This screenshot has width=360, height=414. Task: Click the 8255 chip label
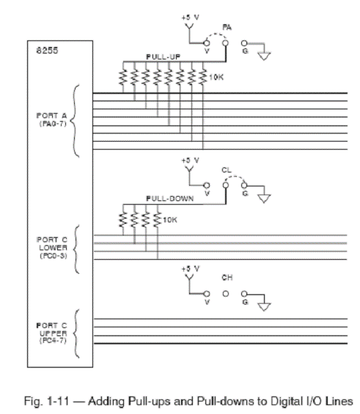47,50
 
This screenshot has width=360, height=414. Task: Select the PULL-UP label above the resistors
164,57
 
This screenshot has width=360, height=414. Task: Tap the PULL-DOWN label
170,198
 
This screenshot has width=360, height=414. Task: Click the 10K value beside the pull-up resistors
216,77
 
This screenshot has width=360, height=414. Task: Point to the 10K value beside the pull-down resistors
170,219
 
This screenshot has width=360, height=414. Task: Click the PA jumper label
227,27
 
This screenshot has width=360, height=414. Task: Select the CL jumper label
227,170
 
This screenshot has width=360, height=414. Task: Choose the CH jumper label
227,277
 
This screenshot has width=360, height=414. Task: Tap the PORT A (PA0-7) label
52,120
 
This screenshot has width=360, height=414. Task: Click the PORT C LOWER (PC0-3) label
52,247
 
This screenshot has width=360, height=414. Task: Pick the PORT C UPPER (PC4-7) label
52,333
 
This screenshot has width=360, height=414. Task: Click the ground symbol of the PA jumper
264,57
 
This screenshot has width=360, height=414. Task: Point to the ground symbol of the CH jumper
264,307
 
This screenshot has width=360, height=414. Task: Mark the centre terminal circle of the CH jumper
226,294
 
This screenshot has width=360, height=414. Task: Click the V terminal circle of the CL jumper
207,186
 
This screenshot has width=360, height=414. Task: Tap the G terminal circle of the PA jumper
244,43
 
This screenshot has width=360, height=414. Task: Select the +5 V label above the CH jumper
190,269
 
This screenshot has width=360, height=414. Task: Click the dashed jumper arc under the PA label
216,34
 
